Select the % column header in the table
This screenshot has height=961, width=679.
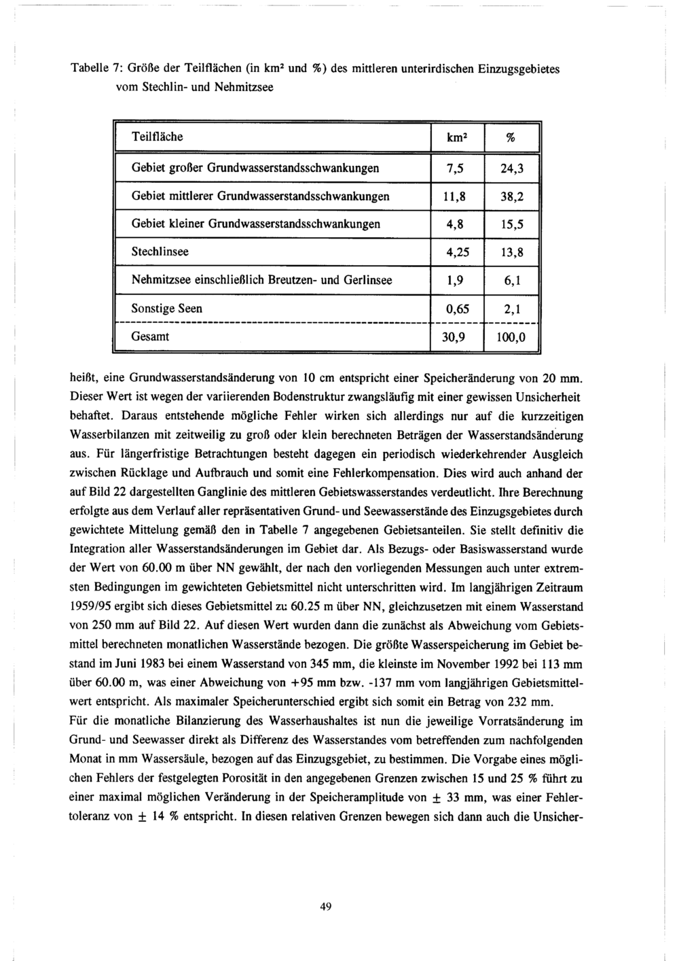coord(511,137)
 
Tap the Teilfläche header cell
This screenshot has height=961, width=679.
coord(157,137)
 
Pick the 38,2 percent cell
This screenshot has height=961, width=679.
coord(511,196)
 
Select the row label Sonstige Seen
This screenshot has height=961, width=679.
coord(166,308)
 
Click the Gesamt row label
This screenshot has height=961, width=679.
coord(150,336)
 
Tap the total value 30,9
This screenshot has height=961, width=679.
coord(454,337)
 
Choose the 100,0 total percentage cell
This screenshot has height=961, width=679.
coord(511,337)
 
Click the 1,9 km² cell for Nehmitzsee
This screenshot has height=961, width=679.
coord(454,280)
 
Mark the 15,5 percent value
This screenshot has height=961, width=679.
coord(511,224)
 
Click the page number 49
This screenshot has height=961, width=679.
coord(325,906)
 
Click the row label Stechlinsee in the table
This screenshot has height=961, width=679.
coord(160,251)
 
